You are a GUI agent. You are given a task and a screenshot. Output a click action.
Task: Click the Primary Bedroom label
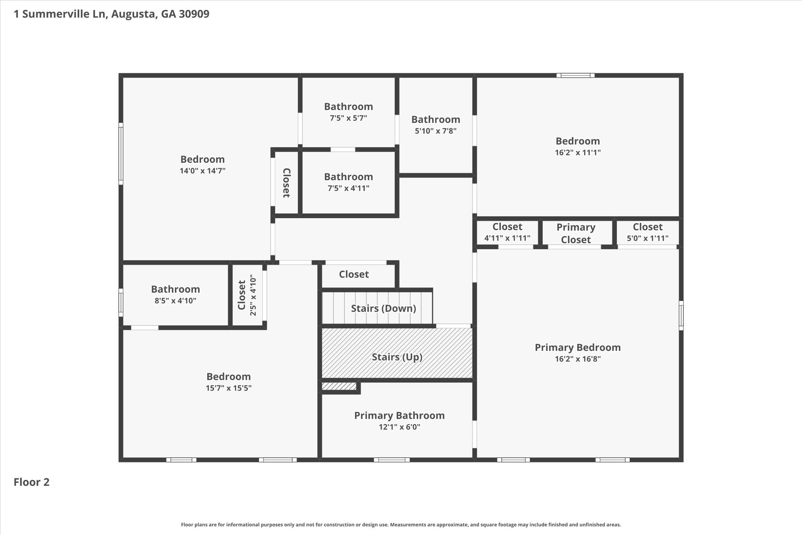pos(578,348)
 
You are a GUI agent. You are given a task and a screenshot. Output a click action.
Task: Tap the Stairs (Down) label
pos(383,308)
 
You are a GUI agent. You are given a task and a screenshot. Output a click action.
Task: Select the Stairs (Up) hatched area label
pos(397,357)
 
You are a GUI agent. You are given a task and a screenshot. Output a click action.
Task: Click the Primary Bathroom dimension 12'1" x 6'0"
pos(399,427)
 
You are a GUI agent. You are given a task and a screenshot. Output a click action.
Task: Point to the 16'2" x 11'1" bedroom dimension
pos(578,152)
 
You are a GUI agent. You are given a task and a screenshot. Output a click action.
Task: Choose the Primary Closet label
pos(576,233)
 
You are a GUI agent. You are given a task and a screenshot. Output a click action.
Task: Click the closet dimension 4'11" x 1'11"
pos(507,238)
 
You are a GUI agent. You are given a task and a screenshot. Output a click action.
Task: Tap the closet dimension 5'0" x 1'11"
pos(647,238)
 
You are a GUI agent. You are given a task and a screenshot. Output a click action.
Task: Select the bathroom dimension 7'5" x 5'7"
pos(348,118)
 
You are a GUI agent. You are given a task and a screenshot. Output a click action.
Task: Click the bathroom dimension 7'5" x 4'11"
pos(348,188)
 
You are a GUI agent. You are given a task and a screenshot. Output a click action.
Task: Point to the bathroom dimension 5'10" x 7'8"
pos(435,131)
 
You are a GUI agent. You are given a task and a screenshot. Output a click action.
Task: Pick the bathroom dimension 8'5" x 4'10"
pos(175,301)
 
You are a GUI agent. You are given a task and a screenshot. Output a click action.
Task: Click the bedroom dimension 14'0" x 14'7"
pos(202,171)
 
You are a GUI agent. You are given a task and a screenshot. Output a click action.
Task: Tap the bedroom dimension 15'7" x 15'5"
pos(228,388)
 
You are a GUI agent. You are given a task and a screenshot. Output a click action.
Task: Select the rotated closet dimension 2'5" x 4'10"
pos(253,296)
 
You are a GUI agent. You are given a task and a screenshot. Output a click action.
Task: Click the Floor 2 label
pos(32,482)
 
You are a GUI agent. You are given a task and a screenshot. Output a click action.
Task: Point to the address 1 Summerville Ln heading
pos(112,14)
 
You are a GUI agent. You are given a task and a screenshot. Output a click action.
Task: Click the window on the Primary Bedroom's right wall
pos(681,316)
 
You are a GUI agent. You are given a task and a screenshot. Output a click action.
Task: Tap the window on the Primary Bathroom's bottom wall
pos(392,460)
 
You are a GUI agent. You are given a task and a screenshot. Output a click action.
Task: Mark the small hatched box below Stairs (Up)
pos(339,386)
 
